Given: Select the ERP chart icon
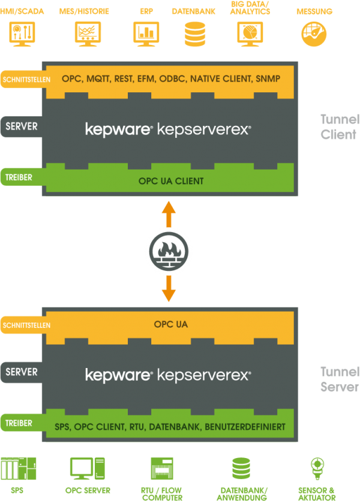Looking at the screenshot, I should point(145,34).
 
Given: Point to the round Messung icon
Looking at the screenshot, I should point(314,34).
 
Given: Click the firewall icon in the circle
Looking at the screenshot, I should point(169,251).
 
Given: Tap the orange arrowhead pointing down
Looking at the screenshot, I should point(169,294).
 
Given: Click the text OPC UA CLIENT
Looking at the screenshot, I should point(171,180).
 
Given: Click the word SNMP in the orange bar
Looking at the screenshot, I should point(268,79).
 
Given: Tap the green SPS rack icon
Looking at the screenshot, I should point(18,468).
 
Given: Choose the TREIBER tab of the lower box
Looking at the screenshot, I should point(19,423).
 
